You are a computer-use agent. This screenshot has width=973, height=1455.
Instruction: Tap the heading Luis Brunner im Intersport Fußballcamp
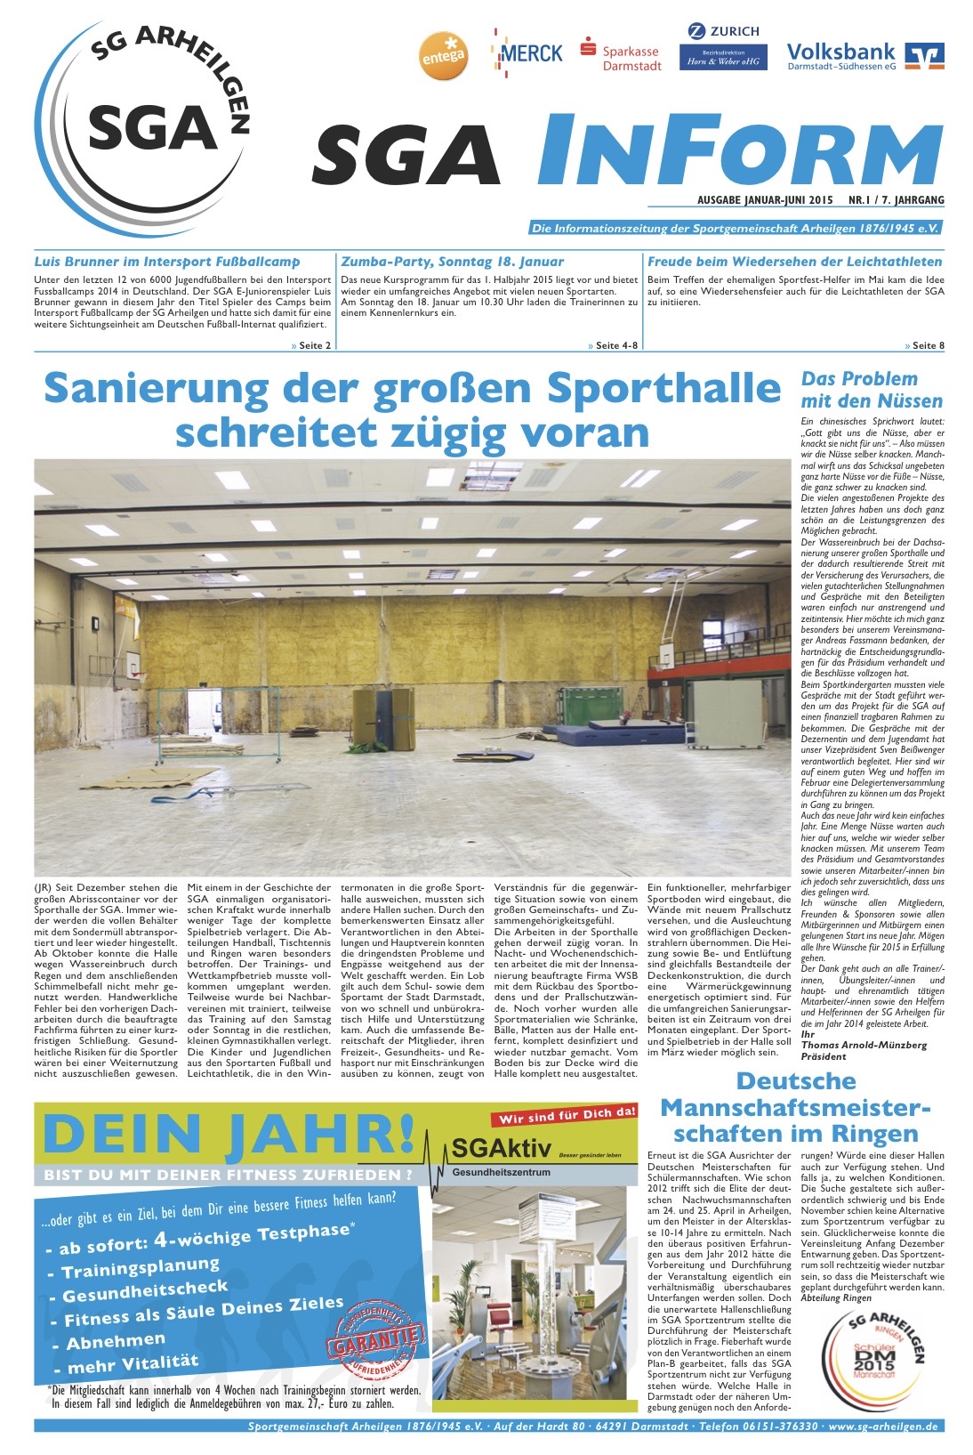[x=167, y=262]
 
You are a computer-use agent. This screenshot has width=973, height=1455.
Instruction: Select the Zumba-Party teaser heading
[x=452, y=262]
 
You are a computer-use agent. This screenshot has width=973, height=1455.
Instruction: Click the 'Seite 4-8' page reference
[x=613, y=345]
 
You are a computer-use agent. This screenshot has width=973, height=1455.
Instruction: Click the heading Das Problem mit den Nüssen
[x=858, y=390]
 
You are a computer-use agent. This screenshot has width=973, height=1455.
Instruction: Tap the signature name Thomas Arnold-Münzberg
[x=863, y=1045]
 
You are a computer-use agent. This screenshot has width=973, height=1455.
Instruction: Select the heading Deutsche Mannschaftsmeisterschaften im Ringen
[x=795, y=1108]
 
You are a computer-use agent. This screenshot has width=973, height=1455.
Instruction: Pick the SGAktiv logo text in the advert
[x=501, y=1147]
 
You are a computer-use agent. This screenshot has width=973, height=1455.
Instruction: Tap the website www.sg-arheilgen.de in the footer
[x=882, y=1426]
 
